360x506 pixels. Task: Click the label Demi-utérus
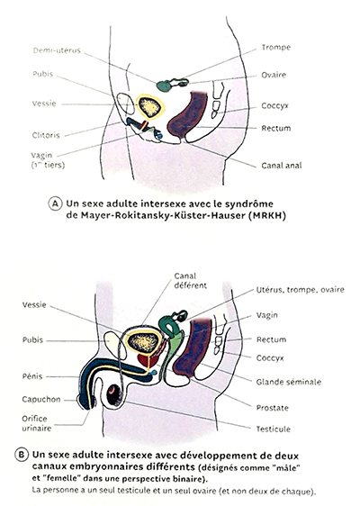(x=57, y=50)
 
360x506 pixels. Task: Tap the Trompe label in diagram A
(x=276, y=48)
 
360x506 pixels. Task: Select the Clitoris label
(x=46, y=135)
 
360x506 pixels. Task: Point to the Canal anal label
(x=282, y=166)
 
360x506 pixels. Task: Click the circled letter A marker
(x=55, y=204)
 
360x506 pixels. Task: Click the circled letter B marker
(x=22, y=455)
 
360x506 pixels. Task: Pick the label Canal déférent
(x=190, y=281)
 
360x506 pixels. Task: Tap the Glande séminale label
(x=288, y=382)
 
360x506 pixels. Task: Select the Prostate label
(x=273, y=408)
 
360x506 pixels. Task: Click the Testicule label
(x=274, y=429)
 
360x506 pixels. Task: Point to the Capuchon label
(x=41, y=400)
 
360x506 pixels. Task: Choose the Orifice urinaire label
(x=37, y=423)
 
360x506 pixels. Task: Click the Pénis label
(x=32, y=376)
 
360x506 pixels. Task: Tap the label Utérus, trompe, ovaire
(x=300, y=290)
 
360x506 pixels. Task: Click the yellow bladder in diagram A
(x=150, y=107)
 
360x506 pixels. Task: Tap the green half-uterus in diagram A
(x=164, y=86)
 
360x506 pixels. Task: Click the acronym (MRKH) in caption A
(x=267, y=215)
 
